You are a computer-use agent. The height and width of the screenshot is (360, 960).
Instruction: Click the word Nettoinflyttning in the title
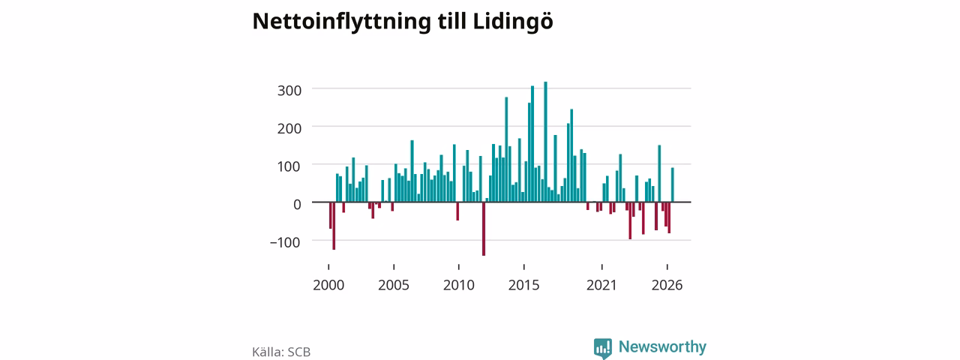341,22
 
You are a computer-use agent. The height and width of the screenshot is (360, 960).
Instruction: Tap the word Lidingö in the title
513,22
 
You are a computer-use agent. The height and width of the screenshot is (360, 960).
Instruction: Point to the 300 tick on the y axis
289,91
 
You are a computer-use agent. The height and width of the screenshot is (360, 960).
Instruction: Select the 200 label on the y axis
289,128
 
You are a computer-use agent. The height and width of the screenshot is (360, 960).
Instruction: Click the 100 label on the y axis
289,166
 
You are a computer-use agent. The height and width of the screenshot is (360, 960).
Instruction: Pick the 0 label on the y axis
297,205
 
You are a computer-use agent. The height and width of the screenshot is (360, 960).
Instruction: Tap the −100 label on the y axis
286,242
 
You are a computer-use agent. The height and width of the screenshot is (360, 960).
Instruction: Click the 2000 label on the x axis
328,285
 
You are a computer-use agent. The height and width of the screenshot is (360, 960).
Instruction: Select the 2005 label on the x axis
394,285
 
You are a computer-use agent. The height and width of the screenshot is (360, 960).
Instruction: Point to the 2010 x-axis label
459,285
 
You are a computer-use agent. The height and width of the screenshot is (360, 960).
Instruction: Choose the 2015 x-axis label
524,285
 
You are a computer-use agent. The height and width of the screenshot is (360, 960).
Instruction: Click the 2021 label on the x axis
601,285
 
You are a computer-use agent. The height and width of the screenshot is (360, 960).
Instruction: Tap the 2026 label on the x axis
667,285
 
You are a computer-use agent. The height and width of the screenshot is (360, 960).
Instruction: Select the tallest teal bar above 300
545,142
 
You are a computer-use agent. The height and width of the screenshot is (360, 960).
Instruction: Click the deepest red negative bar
484,229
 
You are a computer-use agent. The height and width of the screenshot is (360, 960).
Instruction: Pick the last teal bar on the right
673,184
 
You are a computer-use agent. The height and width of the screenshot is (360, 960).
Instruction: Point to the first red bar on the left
331,215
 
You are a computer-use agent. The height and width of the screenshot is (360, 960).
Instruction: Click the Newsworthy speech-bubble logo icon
603,348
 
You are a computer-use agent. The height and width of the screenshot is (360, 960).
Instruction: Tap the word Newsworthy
662,346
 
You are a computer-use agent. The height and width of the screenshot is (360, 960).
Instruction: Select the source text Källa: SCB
281,352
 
